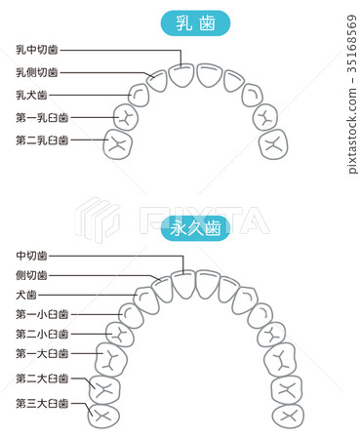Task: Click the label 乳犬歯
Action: (x=31, y=95)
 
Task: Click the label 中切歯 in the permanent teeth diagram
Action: (x=32, y=256)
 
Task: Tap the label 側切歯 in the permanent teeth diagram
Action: (x=32, y=275)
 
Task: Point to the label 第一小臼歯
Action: (x=42, y=314)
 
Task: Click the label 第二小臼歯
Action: (x=42, y=333)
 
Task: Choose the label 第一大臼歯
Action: (x=42, y=353)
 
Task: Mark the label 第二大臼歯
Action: (x=42, y=378)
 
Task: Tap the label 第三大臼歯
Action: (x=42, y=402)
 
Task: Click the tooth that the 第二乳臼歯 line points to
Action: (x=119, y=144)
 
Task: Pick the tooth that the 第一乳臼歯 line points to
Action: (x=126, y=117)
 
